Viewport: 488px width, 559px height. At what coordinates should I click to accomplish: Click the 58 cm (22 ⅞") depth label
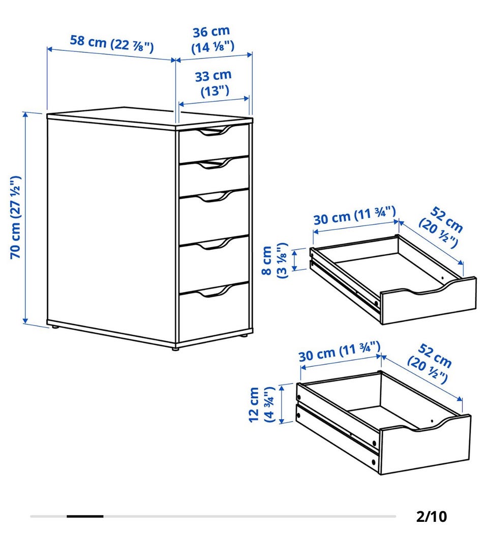(111, 44)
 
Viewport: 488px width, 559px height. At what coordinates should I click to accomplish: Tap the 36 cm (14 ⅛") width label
(212, 39)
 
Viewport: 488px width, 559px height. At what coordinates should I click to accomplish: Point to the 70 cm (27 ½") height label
(15, 217)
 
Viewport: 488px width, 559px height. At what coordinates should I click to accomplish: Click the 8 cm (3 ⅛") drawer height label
(274, 260)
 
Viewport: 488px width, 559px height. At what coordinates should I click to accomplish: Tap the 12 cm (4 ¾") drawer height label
(262, 404)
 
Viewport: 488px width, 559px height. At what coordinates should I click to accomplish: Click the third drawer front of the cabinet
(213, 216)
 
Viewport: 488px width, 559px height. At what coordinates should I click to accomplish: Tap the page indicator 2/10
(432, 517)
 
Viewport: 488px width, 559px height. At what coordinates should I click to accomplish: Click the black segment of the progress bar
(85, 516)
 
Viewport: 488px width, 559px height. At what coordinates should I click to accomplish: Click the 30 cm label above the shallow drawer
(354, 216)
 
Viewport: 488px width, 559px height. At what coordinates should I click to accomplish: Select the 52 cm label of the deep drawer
(430, 363)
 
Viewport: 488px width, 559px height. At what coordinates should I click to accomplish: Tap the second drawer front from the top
(213, 177)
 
